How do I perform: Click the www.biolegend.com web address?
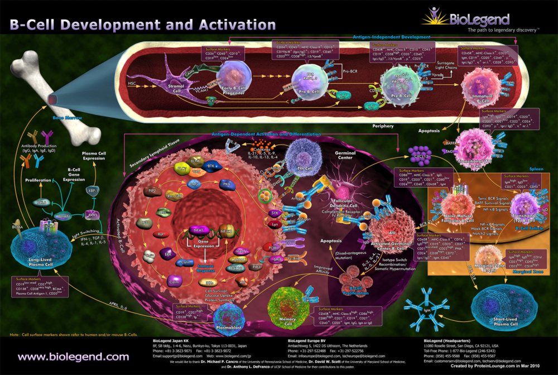(x=73, y=356)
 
